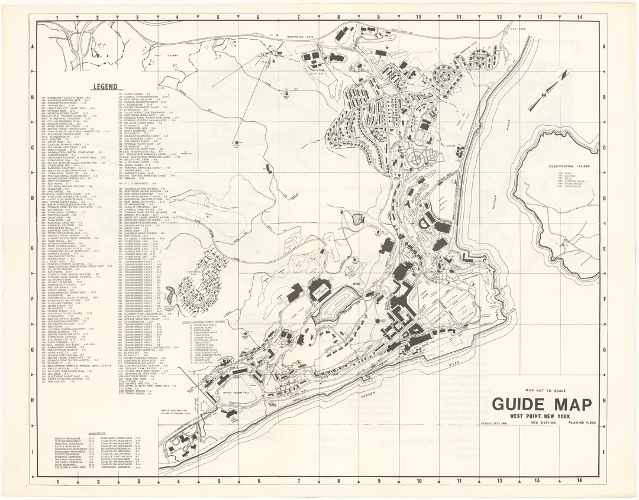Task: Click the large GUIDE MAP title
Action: [x=541, y=405]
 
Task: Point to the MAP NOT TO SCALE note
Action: [x=545, y=390]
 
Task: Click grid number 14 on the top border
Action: [x=580, y=18]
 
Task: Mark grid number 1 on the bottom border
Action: [x=57, y=481]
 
